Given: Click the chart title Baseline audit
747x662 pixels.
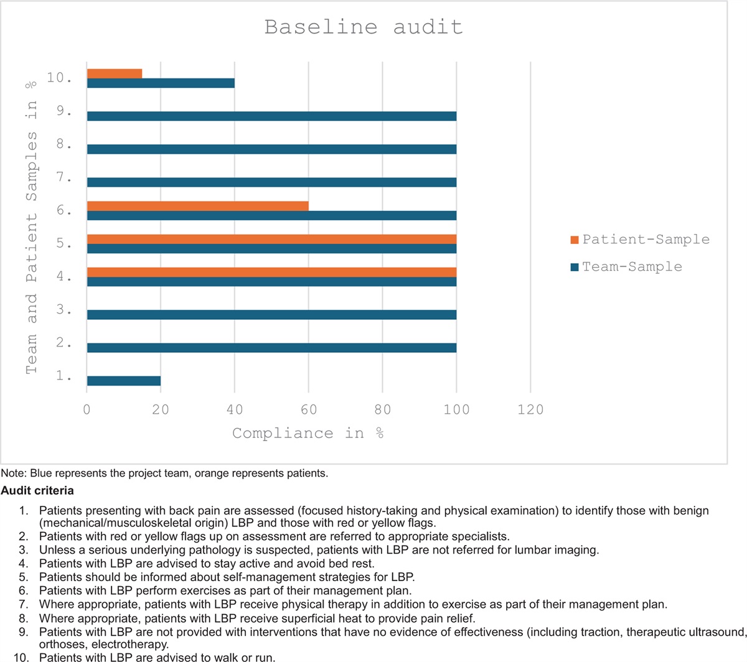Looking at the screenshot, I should [x=364, y=27].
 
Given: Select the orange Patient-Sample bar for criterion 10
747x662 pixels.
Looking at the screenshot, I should [x=115, y=73].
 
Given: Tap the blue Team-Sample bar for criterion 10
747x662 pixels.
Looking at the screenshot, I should [x=161, y=83].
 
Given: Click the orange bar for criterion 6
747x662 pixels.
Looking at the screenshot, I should [x=197, y=206].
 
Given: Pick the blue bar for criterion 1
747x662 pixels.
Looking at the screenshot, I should [x=124, y=381].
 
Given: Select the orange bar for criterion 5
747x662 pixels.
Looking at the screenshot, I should [x=271, y=239].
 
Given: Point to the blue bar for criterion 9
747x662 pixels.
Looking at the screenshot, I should [x=271, y=116].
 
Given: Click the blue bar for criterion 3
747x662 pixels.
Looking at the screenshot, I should [x=271, y=315].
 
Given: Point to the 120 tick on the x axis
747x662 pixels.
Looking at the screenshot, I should [x=530, y=409].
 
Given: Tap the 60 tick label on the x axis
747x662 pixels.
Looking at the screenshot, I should [x=309, y=409].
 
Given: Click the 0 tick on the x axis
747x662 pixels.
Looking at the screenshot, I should [x=87, y=409].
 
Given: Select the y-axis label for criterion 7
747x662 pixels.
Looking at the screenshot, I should [x=63, y=179].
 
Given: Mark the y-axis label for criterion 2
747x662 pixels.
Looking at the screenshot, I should [x=63, y=344].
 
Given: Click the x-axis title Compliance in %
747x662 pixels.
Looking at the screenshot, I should [x=308, y=433].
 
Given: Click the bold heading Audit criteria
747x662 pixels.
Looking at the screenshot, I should [x=37, y=491].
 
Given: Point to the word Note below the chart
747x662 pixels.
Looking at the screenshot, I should [x=11, y=473].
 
